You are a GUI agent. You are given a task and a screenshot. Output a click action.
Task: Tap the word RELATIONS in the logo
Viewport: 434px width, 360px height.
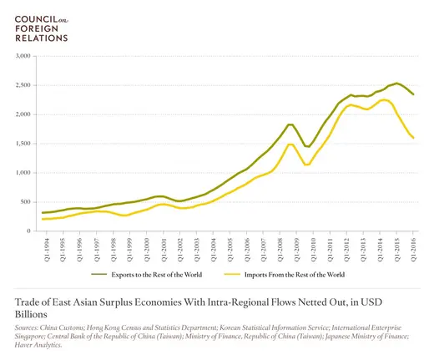37,37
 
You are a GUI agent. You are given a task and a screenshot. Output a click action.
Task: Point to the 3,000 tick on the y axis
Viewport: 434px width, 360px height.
20,56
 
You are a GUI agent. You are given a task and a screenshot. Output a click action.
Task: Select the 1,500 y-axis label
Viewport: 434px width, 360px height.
20,144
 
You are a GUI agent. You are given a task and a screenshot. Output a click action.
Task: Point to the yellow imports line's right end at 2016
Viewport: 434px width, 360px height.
412,138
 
